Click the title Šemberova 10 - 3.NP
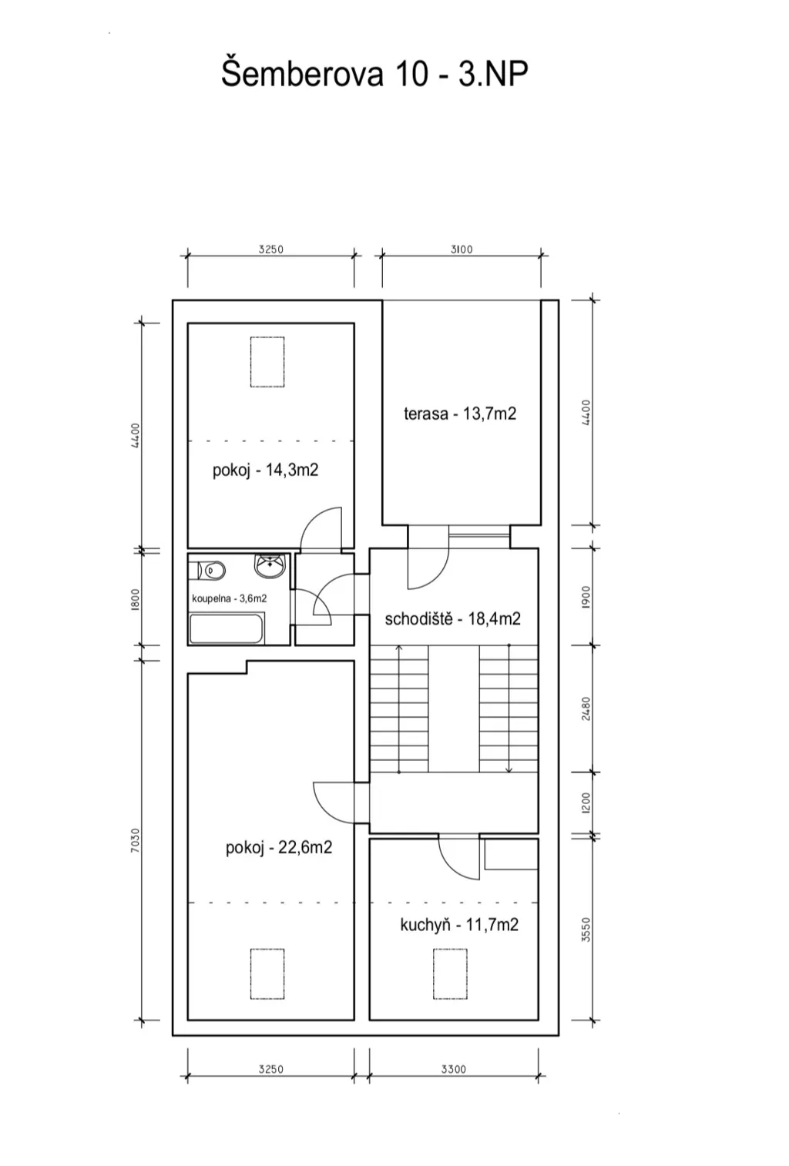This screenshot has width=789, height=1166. tap(374, 75)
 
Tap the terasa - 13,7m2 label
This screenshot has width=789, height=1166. tap(460, 414)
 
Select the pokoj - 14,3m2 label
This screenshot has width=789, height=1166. tap(265, 471)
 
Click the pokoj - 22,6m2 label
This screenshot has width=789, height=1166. tap(279, 848)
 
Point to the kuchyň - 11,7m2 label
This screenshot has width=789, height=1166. tap(459, 925)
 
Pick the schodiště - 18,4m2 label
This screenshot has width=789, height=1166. tap(452, 619)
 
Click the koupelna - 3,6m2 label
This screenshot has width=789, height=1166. tap(229, 598)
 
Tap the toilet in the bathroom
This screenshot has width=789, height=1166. tap(207, 571)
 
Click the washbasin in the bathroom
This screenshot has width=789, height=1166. tap(270, 565)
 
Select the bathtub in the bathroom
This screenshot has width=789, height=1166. tap(226, 628)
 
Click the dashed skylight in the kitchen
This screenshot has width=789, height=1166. tap(450, 974)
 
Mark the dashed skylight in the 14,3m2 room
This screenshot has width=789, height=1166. tap(267, 362)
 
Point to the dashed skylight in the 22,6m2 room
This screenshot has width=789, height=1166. tap(267, 974)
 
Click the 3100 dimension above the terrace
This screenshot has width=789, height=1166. tap(462, 250)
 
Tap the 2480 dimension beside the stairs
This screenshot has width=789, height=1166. tap(586, 709)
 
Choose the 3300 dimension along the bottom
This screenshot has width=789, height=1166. tap(454, 1069)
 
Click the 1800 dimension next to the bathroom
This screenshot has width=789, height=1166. tap(136, 599)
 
